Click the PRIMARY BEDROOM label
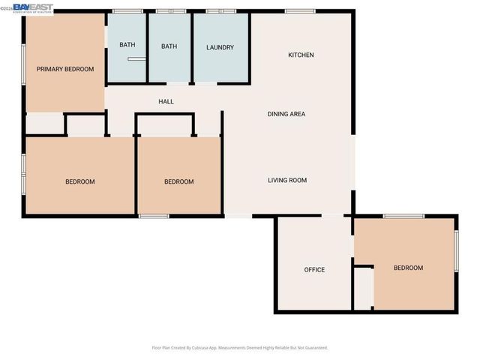pyautogui.click(x=65, y=69)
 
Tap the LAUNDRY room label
pyautogui.click(x=220, y=47)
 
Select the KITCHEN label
pyautogui.click(x=301, y=55)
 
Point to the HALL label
pyautogui.click(x=166, y=101)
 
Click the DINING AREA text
pyautogui.click(x=286, y=114)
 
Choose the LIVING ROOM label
pyautogui.click(x=287, y=180)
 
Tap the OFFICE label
pyautogui.click(x=314, y=269)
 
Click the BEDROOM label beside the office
pyautogui.click(x=408, y=268)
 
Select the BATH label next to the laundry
pyautogui.click(x=169, y=46)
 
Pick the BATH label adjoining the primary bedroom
pyautogui.click(x=127, y=45)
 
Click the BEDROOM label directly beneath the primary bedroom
pyautogui.click(x=79, y=181)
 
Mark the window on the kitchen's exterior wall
pyautogui.click(x=300, y=10)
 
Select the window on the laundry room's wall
pyautogui.click(x=220, y=11)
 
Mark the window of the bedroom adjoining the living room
pyautogui.click(x=153, y=216)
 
